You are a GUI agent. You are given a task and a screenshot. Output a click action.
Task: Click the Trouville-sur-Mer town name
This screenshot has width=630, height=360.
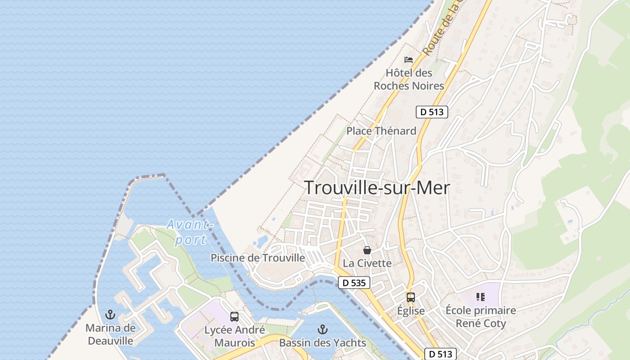coord(377,188)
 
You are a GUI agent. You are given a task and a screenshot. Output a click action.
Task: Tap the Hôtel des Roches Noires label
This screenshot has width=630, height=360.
coord(409,79)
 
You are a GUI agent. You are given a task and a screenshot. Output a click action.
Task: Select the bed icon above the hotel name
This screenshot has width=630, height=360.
coord(409,59)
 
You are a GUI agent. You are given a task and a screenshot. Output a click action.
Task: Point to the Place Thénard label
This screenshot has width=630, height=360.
coord(381,131)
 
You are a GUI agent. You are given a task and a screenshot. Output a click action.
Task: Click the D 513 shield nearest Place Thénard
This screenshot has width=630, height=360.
coord(432,112)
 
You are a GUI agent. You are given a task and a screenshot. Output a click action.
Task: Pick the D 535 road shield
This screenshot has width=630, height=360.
coord(354,283)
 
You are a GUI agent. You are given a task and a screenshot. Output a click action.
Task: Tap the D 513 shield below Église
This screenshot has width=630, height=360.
coord(440,354)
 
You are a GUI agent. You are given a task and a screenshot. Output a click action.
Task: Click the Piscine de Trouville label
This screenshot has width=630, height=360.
coord(258,258)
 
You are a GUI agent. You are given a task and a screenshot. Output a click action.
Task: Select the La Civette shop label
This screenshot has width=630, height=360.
coord(367,263)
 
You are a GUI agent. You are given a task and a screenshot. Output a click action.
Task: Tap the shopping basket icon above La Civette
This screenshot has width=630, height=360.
coord(367,250)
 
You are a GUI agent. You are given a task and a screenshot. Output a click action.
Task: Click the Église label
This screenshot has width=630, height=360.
coord(411,311)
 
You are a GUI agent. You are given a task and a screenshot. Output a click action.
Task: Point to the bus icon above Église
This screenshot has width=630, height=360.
coord(411,297)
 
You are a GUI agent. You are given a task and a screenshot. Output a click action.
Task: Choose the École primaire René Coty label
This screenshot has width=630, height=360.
coord(481,317)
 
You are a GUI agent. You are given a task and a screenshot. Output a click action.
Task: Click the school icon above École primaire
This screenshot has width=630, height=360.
coord(481,297)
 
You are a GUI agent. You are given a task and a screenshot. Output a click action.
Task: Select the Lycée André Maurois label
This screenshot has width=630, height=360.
coord(234,336)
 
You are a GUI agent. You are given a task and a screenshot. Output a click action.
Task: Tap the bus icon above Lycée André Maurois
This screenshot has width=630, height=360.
coord(234,316)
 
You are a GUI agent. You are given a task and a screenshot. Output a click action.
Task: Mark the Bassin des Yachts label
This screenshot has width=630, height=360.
coord(323,343)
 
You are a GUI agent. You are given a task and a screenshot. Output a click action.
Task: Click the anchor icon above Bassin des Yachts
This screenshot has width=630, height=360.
coord(323,330)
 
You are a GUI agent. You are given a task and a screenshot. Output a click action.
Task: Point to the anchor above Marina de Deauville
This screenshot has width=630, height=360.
coord(110,315)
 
